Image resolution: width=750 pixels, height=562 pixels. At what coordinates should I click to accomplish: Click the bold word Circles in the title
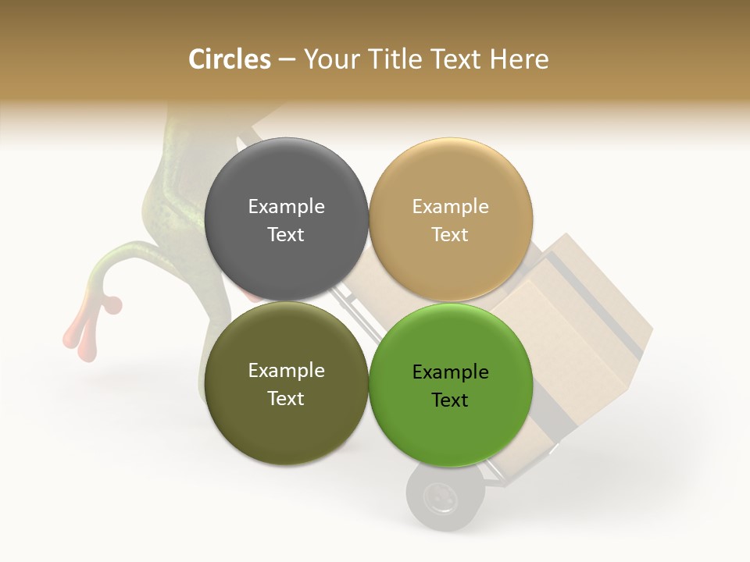pos(230,59)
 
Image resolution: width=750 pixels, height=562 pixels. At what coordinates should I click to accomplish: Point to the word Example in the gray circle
pos(286,206)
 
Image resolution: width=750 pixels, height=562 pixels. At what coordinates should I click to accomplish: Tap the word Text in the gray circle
pos(286,234)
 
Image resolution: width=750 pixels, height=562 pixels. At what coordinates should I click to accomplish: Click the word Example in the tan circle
pos(450,206)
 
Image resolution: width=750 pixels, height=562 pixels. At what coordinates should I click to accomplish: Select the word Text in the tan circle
pos(450,234)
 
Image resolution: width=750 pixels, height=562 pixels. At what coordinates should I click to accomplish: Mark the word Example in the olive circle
pos(286,370)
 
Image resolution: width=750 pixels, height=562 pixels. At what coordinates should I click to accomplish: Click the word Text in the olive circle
pos(286,398)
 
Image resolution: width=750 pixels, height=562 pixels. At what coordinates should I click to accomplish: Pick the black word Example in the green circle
pos(450,372)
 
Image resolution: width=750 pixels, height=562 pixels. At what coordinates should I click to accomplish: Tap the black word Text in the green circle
pos(450,400)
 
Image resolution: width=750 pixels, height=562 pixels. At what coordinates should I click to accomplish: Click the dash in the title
pos(287,59)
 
